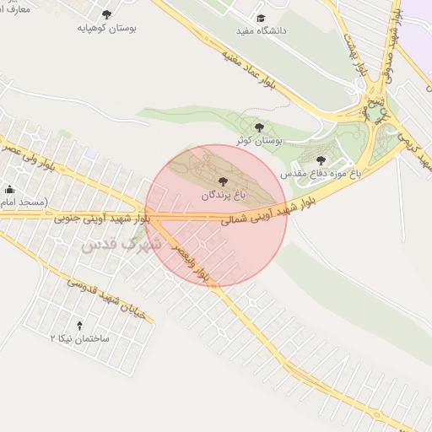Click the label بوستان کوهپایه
coord(107,28)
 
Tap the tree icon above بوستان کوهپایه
coord(106,14)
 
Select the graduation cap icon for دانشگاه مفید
coord(261,18)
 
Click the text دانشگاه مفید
coord(262,30)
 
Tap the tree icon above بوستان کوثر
coord(259,127)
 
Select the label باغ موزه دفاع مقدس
coord(321,171)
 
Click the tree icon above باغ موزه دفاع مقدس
coord(320,159)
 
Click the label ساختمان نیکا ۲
coord(80,337)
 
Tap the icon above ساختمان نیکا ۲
coord(80,325)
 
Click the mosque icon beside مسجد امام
coord(9,189)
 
